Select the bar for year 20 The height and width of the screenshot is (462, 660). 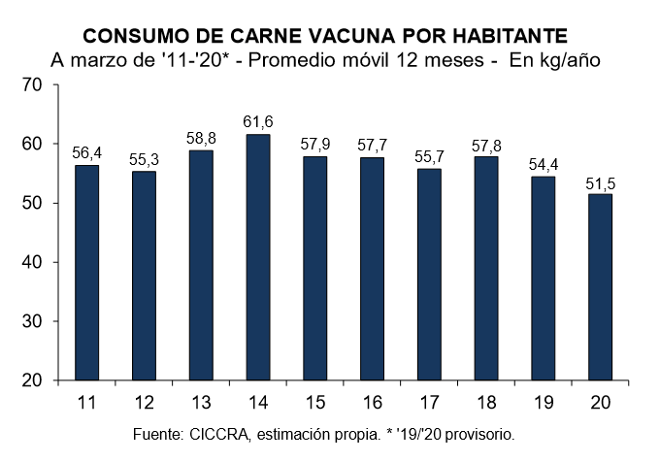(x=601, y=287)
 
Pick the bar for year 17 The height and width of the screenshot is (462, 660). (x=429, y=275)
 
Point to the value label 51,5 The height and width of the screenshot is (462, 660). (x=601, y=181)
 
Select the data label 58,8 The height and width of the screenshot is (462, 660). (x=200, y=138)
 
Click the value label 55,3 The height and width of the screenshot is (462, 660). (x=143, y=158)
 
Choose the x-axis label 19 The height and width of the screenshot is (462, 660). (x=544, y=402)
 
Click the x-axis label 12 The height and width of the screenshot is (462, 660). (x=143, y=402)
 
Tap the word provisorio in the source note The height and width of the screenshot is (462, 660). (x=478, y=433)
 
